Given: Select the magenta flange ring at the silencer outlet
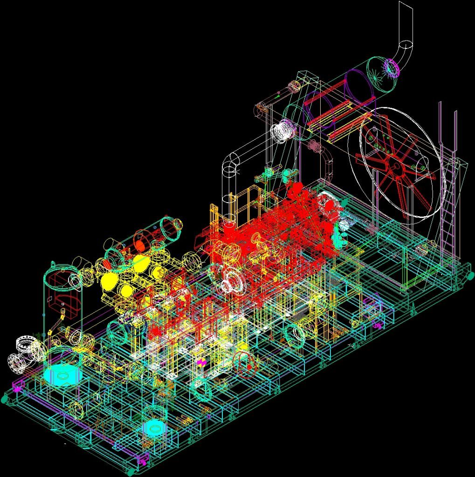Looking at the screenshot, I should [392, 68].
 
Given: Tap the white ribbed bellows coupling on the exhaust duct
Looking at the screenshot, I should [283, 130].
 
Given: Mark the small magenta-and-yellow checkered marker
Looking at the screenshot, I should [201, 362].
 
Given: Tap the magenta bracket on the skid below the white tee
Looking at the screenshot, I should [18, 385].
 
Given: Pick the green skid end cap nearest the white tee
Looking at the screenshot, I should [5, 398].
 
